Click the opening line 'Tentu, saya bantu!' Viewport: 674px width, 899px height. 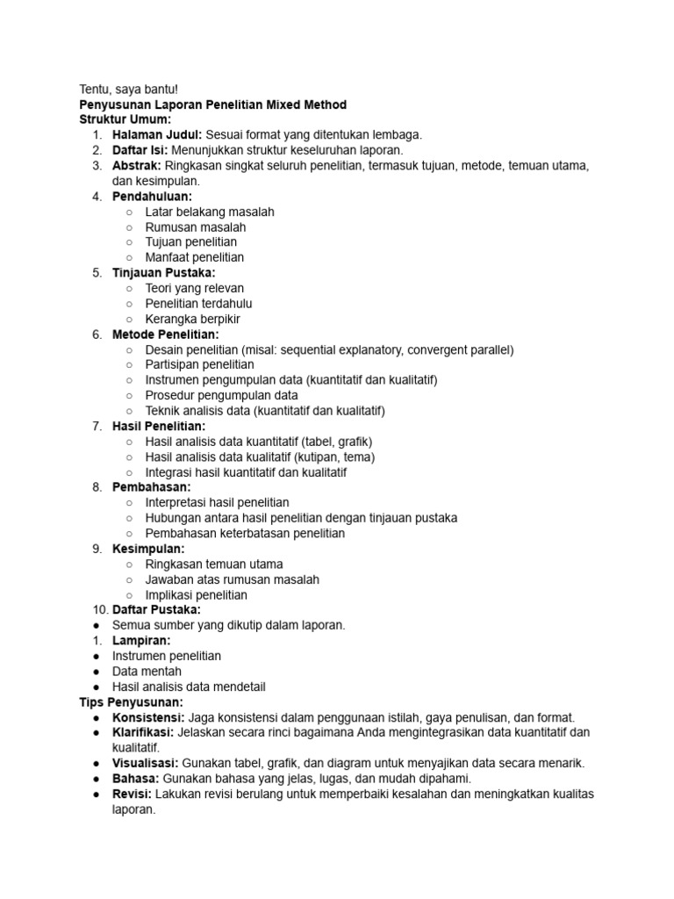pos(128,90)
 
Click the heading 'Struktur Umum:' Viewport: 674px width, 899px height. pos(125,119)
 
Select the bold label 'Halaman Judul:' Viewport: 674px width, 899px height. pos(157,135)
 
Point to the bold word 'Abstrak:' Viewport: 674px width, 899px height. pos(137,166)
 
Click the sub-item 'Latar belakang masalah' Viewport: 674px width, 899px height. pos(210,212)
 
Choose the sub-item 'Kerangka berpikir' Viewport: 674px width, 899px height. pos(192,319)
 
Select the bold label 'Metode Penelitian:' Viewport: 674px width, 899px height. pos(166,334)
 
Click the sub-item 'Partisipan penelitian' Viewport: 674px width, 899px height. pos(199,364)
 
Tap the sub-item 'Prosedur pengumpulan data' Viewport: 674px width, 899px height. pos(221,395)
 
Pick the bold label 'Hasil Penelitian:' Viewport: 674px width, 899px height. pos(159,426)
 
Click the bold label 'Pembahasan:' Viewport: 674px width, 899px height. pos(151,487)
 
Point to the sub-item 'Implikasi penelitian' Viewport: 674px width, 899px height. pos(196,594)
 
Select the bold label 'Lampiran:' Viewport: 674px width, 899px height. pos(141,641)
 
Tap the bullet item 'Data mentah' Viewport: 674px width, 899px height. pos(147,672)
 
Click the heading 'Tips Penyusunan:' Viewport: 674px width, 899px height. pos(131,702)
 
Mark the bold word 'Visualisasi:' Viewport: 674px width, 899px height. pos(146,763)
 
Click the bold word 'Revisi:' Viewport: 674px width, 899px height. pos(132,794)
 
